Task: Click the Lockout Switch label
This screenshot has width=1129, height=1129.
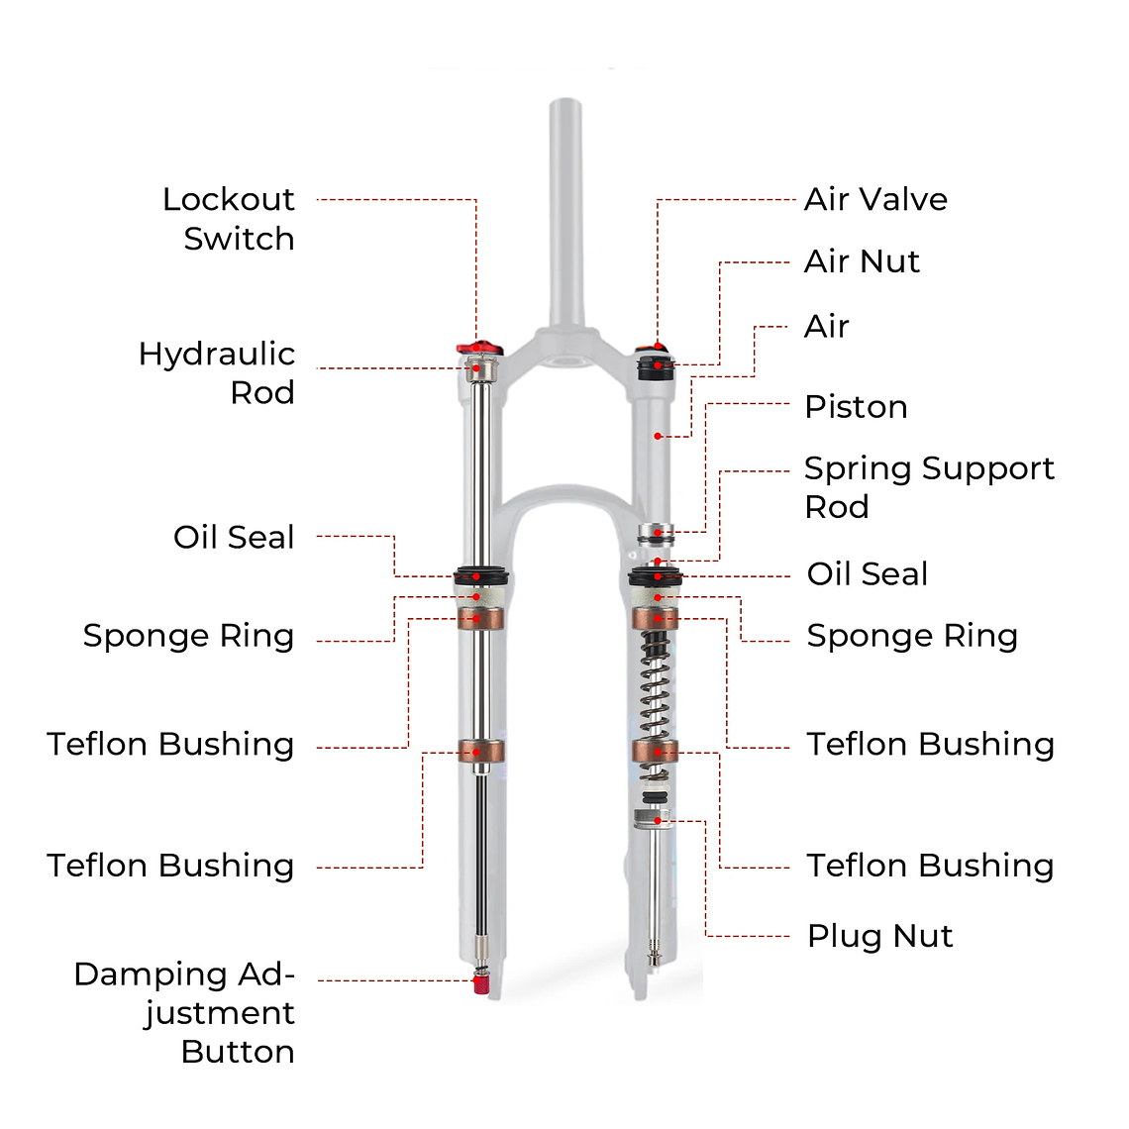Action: click(x=229, y=219)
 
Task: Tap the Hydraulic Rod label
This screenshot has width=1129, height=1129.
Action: click(x=217, y=372)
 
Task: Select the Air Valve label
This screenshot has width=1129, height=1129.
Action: click(x=875, y=199)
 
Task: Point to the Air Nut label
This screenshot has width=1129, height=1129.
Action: click(x=862, y=261)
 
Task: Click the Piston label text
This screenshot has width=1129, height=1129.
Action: click(x=856, y=407)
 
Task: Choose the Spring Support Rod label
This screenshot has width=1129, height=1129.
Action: click(x=928, y=486)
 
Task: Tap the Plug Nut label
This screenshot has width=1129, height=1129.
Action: click(x=879, y=936)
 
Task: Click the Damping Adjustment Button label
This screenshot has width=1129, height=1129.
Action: click(x=185, y=1012)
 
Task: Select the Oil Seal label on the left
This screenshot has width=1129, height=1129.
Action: click(x=234, y=537)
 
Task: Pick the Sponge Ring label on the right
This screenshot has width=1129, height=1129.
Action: click(x=912, y=636)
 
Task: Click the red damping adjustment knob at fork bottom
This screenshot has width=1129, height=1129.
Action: click(x=480, y=984)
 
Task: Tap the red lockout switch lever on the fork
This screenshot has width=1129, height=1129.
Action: click(x=478, y=348)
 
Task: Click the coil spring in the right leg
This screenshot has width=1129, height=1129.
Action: click(x=655, y=683)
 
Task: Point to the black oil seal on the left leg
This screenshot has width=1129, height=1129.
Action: click(x=480, y=576)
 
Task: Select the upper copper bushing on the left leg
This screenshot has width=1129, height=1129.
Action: click(x=480, y=619)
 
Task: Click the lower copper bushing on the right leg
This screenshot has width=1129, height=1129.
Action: click(x=656, y=751)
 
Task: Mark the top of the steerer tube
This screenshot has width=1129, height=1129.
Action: click(x=565, y=104)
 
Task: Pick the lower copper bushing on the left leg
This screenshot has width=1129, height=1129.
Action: click(x=480, y=751)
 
